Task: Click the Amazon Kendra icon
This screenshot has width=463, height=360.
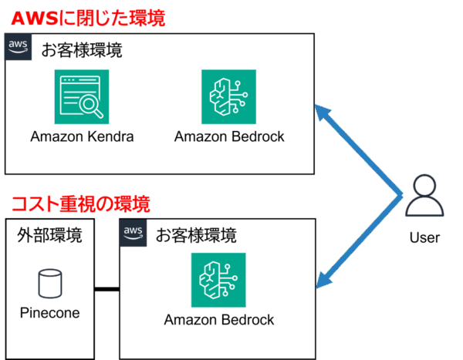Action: (x=82, y=96)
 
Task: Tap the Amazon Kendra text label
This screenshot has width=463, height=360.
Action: (x=82, y=137)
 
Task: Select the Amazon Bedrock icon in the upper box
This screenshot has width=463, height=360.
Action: (x=228, y=96)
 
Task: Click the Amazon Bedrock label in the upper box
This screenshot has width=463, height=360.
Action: (x=229, y=137)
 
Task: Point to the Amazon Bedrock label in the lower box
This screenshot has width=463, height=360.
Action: (x=219, y=320)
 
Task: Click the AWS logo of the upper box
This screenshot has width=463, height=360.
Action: (x=18, y=47)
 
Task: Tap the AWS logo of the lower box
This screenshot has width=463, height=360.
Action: (x=133, y=232)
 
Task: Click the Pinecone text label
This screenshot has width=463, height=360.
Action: (x=49, y=313)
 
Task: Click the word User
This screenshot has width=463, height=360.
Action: (x=424, y=238)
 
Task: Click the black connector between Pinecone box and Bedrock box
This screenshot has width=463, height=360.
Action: (x=106, y=290)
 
